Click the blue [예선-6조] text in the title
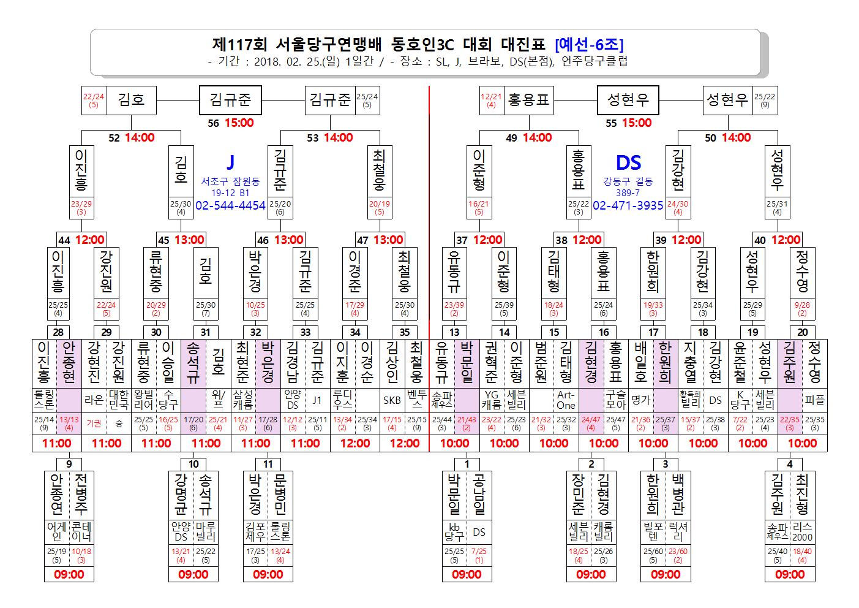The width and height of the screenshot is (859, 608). (589, 45)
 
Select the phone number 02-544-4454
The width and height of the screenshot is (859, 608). (230, 205)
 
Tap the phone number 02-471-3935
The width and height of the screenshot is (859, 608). (628, 205)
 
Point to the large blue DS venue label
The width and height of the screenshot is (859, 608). (629, 162)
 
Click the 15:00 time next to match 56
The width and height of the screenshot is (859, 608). (239, 123)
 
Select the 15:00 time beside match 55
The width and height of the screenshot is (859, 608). (637, 123)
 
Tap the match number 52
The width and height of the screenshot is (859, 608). (114, 138)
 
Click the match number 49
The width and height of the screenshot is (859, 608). (512, 138)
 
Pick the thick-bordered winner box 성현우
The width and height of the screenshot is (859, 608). (628, 100)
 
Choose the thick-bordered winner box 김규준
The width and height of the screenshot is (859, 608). (230, 100)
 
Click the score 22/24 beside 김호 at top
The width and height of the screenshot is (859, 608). (94, 97)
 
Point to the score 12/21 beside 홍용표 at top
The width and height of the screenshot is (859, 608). (491, 97)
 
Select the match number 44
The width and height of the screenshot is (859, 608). (64, 240)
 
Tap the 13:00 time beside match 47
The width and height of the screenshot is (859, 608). (388, 240)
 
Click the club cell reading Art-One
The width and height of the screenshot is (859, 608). (566, 400)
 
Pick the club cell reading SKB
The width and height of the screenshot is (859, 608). (392, 400)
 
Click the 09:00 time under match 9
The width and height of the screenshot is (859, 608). (69, 574)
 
